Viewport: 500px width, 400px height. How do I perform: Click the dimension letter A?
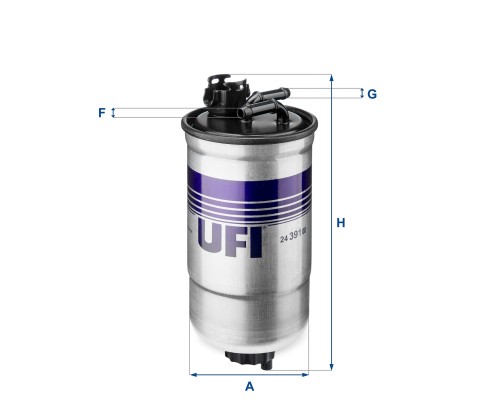coord(249,387)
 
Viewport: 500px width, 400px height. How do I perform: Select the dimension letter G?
coord(372,94)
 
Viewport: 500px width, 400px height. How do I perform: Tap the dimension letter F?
coord(101,113)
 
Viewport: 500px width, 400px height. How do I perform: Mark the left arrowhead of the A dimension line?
coord(193,375)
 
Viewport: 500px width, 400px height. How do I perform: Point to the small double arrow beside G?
coord(361,94)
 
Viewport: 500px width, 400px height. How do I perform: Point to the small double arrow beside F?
coord(113,113)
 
